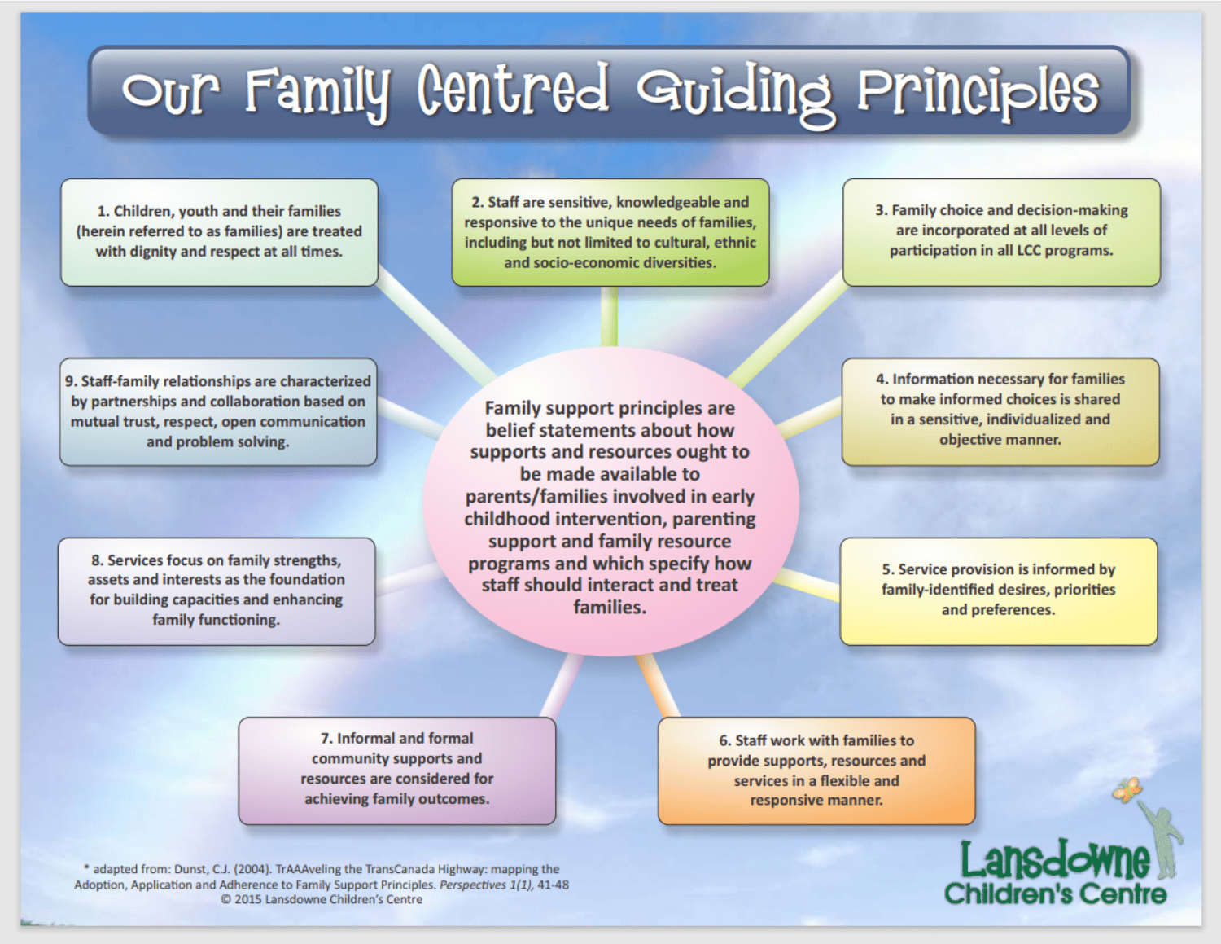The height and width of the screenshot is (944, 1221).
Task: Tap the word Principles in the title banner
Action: coord(978,91)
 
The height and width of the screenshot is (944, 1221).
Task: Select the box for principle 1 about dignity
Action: coord(219,232)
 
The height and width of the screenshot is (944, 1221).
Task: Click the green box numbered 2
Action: coord(610,232)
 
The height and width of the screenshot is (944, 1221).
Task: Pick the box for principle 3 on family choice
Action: coord(1001,232)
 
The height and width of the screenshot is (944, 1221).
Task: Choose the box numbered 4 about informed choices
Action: coord(1000,411)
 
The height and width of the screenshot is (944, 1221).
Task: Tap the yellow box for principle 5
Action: coord(998,591)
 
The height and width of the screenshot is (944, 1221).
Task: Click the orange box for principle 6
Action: coord(816,771)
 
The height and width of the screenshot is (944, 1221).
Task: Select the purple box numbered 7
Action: coord(396,770)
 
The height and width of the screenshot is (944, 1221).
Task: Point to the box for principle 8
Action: coord(217,591)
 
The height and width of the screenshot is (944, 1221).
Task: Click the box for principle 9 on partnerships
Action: coord(218,411)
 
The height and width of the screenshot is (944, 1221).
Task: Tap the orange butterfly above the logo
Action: coord(1127,789)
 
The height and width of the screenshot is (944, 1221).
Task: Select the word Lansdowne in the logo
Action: coord(1055,860)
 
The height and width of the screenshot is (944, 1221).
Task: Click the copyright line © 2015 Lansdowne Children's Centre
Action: coord(322,900)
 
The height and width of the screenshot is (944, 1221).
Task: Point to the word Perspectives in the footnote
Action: coord(473,885)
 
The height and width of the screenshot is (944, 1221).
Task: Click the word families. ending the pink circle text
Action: coord(610,608)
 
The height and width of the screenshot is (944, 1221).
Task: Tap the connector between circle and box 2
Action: coord(609,317)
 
